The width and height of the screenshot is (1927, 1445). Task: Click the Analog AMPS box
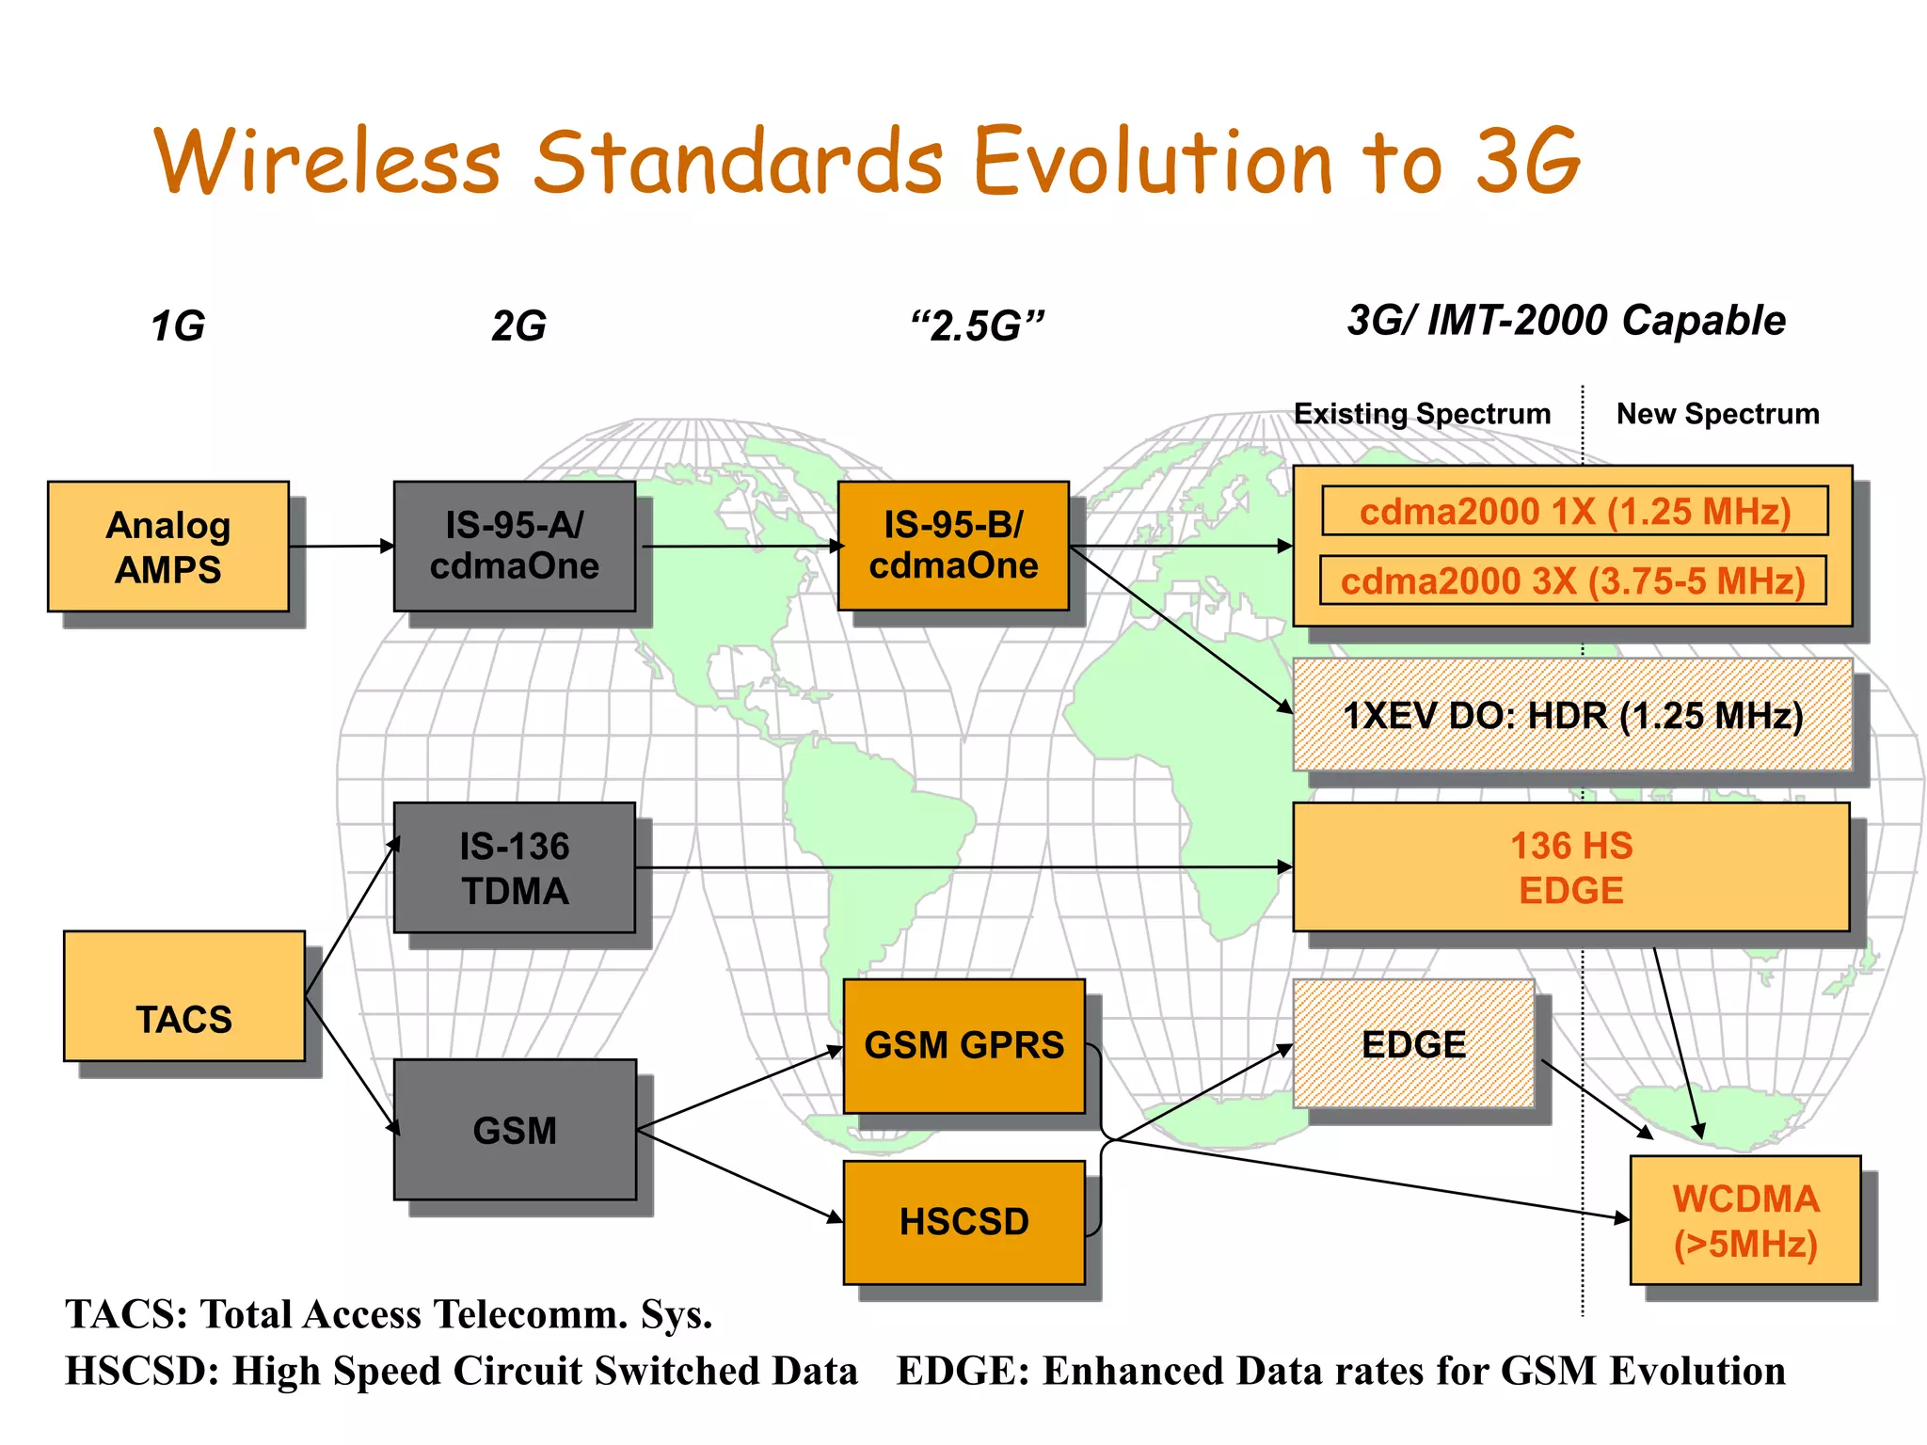pos(167,547)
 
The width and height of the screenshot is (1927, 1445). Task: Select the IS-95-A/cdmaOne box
pos(514,546)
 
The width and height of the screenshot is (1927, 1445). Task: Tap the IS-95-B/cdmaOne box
pos(953,546)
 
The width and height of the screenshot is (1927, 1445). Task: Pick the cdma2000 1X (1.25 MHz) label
pos(1574,511)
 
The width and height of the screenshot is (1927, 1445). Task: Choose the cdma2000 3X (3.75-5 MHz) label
pos(1572,580)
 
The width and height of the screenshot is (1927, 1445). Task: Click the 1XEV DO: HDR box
pos(1572,715)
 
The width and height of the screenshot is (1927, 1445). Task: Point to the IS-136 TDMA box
pos(514,867)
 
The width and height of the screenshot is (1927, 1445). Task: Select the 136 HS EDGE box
pos(1570,867)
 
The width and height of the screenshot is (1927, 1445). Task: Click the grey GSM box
pos(514,1129)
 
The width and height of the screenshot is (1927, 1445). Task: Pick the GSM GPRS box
pos(963,1045)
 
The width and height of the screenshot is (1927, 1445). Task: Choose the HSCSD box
pos(963,1221)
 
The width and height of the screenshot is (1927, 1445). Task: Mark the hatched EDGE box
pos(1413,1044)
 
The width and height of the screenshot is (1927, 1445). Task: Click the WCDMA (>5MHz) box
pos(1744,1220)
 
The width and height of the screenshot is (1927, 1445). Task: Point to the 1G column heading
pos(178,326)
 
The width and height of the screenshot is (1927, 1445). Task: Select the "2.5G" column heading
pos(977,326)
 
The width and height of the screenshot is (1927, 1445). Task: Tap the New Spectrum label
pos(1717,414)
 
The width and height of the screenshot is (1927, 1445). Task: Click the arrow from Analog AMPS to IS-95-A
pos(341,546)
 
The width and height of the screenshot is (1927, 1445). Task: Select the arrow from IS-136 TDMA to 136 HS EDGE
pos(960,867)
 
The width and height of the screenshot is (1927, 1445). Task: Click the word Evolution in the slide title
pos(1152,162)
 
